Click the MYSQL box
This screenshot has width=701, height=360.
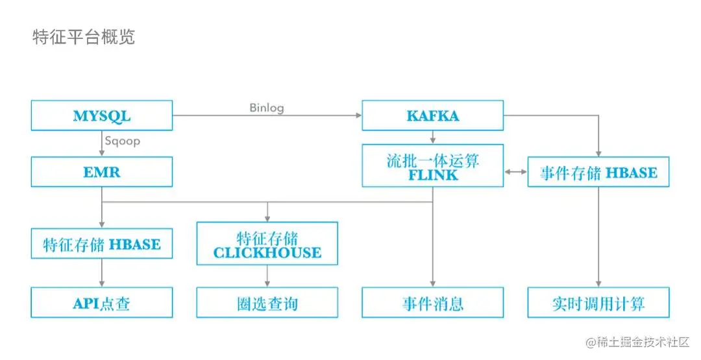102,115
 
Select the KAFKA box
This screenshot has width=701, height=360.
432,115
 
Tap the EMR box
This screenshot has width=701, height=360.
102,173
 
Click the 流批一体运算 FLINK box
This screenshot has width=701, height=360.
432,166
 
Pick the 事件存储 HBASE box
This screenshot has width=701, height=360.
598,173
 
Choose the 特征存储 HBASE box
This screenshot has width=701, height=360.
102,244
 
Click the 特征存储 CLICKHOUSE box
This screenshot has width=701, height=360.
267,243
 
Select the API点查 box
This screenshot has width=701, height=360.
102,303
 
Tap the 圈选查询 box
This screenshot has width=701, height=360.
267,303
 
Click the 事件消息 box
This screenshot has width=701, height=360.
432,303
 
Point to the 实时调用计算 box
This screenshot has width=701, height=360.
598,303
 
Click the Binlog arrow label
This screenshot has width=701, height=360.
266,108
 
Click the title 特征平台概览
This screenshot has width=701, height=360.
84,37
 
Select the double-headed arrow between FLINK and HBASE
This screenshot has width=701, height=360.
515,173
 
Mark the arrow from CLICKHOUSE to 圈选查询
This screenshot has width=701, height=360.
267,276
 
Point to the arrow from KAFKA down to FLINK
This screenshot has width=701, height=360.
432,138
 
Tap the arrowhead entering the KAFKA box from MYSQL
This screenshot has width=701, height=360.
358,115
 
